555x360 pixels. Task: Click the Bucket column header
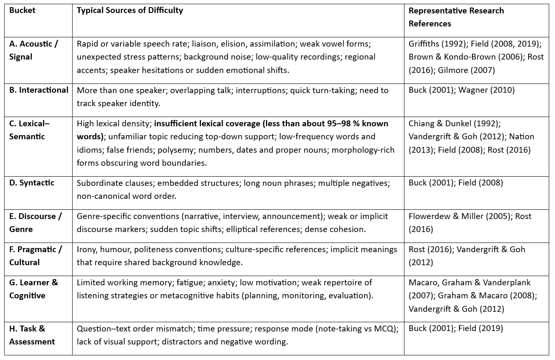pos(22,10)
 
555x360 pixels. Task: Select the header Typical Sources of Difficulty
pos(130,10)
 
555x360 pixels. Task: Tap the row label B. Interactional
pos(39,90)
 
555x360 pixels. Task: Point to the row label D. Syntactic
pos(31,183)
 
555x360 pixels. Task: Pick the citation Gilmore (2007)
pos(466,70)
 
